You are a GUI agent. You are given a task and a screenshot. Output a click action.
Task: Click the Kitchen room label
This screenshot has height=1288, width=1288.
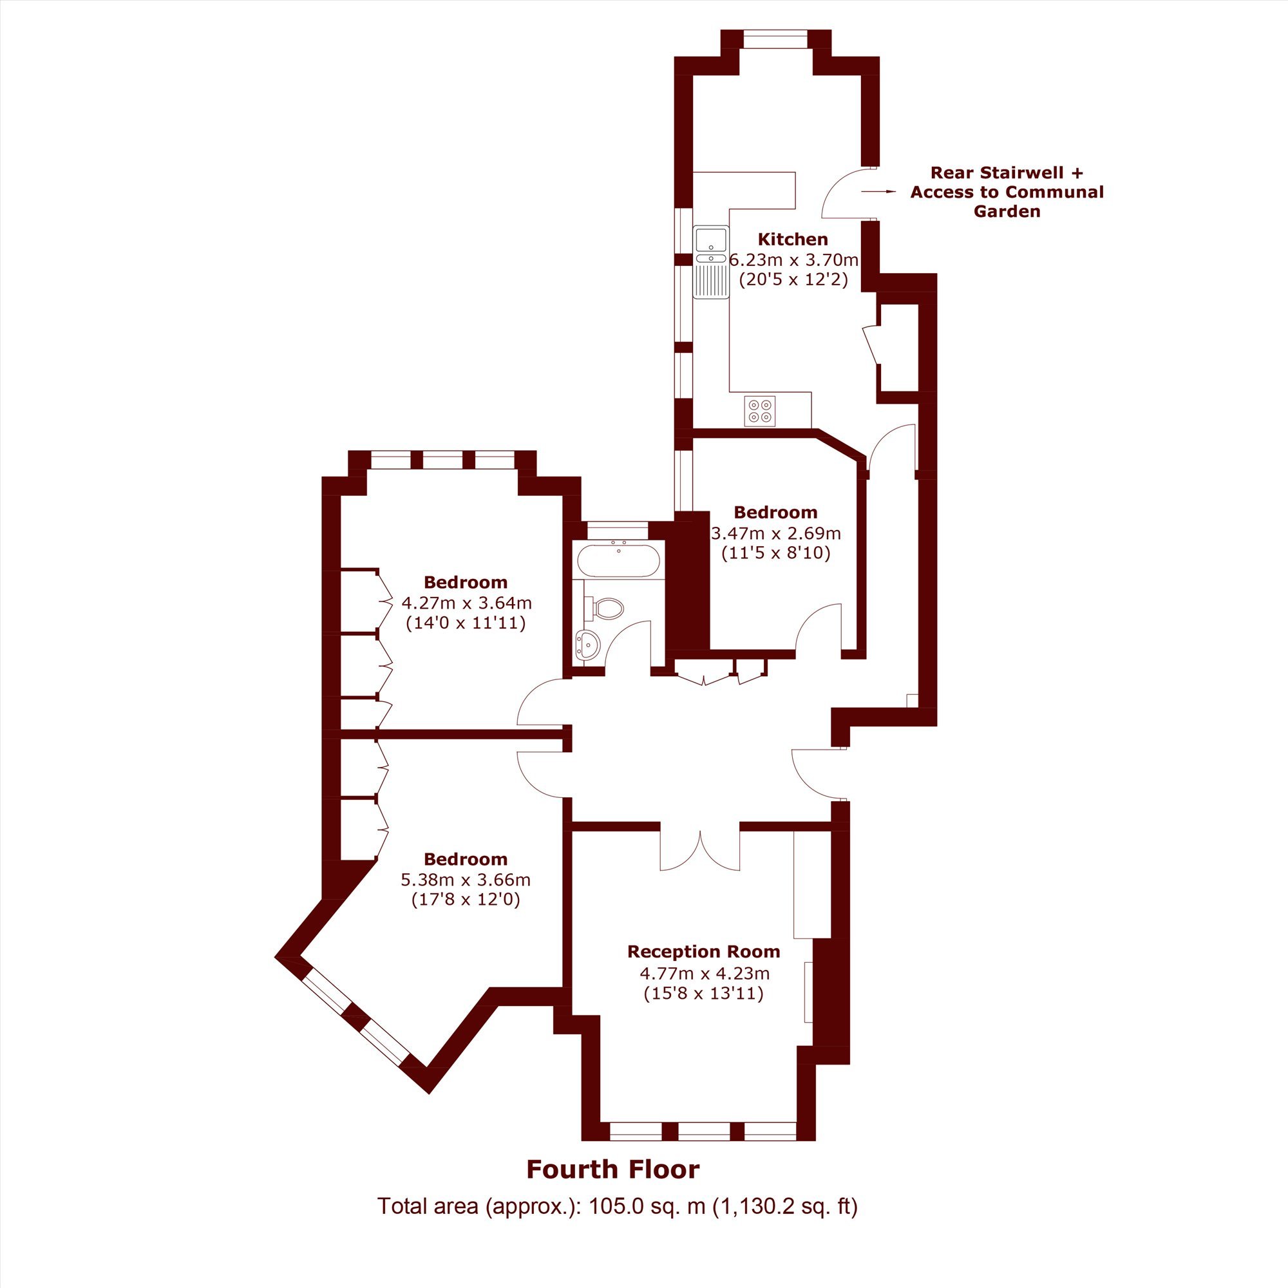click(x=793, y=240)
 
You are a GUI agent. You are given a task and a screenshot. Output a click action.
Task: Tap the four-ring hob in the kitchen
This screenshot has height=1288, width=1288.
click(x=760, y=411)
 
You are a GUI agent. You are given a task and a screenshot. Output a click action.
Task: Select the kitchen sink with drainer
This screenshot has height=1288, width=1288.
click(x=712, y=263)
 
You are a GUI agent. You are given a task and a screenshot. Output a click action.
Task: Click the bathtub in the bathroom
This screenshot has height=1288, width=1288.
click(x=619, y=561)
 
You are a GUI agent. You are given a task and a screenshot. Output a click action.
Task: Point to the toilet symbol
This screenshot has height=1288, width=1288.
click(x=604, y=607)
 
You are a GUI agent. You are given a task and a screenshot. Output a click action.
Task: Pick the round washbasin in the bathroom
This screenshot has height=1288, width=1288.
click(x=587, y=645)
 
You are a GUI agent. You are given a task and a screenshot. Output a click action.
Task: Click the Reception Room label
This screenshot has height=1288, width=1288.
click(x=703, y=951)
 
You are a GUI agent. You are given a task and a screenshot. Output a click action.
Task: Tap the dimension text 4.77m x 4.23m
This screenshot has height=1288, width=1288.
click(x=703, y=972)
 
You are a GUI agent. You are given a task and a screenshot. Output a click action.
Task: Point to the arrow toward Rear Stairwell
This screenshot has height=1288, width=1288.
click(x=878, y=192)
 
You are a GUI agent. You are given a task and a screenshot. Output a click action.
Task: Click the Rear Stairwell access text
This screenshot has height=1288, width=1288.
click(x=1007, y=192)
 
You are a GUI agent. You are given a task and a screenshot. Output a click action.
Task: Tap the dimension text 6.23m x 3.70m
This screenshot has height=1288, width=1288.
click(x=793, y=260)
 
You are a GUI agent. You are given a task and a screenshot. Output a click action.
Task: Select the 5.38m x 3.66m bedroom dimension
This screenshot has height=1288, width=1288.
click(x=466, y=880)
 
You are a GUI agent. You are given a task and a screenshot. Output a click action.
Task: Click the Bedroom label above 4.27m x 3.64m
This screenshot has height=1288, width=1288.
click(x=466, y=582)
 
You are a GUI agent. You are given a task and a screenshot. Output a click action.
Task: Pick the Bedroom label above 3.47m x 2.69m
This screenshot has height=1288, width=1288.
click(x=775, y=512)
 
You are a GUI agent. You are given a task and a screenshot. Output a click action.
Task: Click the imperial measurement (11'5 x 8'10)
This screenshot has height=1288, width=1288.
click(x=776, y=553)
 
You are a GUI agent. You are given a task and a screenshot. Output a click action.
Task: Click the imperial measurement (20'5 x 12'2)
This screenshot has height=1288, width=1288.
click(x=793, y=279)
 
